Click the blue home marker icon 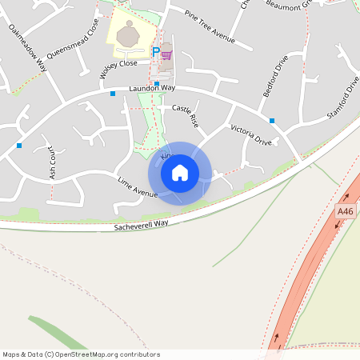180,173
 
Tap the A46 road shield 345,211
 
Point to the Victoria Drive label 251,135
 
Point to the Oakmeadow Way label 28,49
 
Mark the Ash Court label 51,161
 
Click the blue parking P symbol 156,54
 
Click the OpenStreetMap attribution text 81,354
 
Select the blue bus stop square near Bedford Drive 272,121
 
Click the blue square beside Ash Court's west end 19,146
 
